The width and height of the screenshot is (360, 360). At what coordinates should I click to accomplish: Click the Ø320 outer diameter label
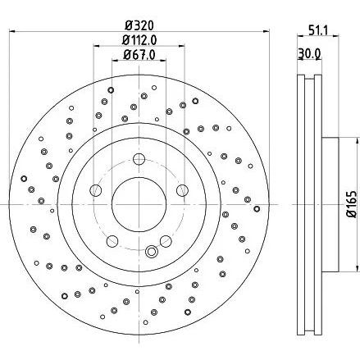tap(139, 25)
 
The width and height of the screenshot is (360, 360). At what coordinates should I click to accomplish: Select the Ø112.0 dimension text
tap(139, 40)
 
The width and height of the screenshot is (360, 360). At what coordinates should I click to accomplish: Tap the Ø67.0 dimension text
tap(139, 55)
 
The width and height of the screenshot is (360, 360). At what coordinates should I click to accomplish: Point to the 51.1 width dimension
tap(318, 30)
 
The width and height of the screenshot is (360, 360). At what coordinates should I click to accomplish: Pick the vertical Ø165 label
tap(352, 204)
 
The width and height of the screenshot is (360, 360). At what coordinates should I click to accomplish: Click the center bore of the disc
tap(139, 204)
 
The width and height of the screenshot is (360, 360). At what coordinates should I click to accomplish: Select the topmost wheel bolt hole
tap(139, 159)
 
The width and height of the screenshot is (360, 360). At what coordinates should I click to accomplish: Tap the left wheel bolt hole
tap(96, 190)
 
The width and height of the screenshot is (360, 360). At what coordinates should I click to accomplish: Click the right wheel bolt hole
tap(182, 190)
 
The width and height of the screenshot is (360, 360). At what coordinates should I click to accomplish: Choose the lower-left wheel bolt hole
tap(112, 241)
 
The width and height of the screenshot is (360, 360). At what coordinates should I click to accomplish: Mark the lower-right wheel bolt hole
tap(166, 241)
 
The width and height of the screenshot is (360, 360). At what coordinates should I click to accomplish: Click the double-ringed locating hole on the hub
tap(151, 251)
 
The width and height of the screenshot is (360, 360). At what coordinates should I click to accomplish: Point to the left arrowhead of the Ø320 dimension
tap(13, 31)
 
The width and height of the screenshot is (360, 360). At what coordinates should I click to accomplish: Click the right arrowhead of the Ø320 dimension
tap(267, 31)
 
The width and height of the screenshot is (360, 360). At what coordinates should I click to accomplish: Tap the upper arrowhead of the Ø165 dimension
tap(357, 142)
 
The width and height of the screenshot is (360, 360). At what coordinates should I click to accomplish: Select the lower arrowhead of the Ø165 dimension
tap(357, 268)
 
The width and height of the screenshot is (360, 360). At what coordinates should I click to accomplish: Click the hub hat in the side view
tap(330, 204)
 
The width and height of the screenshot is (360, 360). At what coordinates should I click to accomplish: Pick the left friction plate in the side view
tap(301, 205)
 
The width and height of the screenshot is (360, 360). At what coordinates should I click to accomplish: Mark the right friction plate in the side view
tap(317, 205)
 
